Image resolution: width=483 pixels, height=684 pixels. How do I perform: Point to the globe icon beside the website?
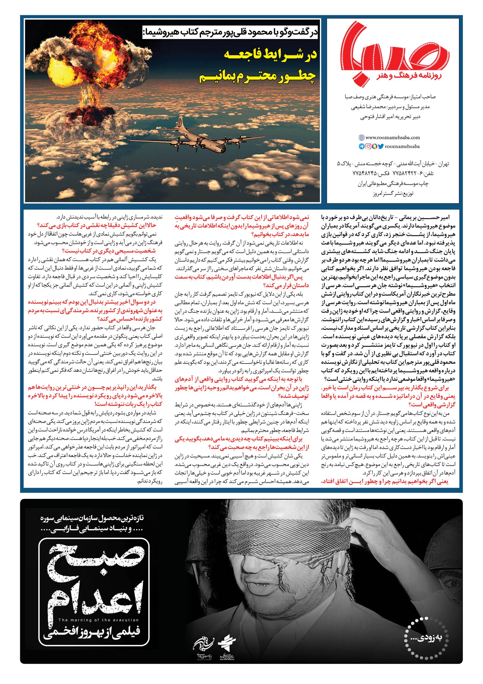pos(361,138)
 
